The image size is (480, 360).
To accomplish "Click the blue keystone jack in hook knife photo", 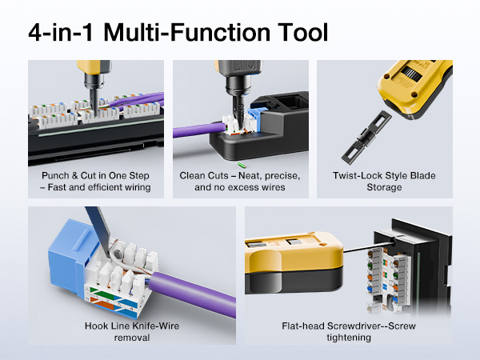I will (x=60, y=240).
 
